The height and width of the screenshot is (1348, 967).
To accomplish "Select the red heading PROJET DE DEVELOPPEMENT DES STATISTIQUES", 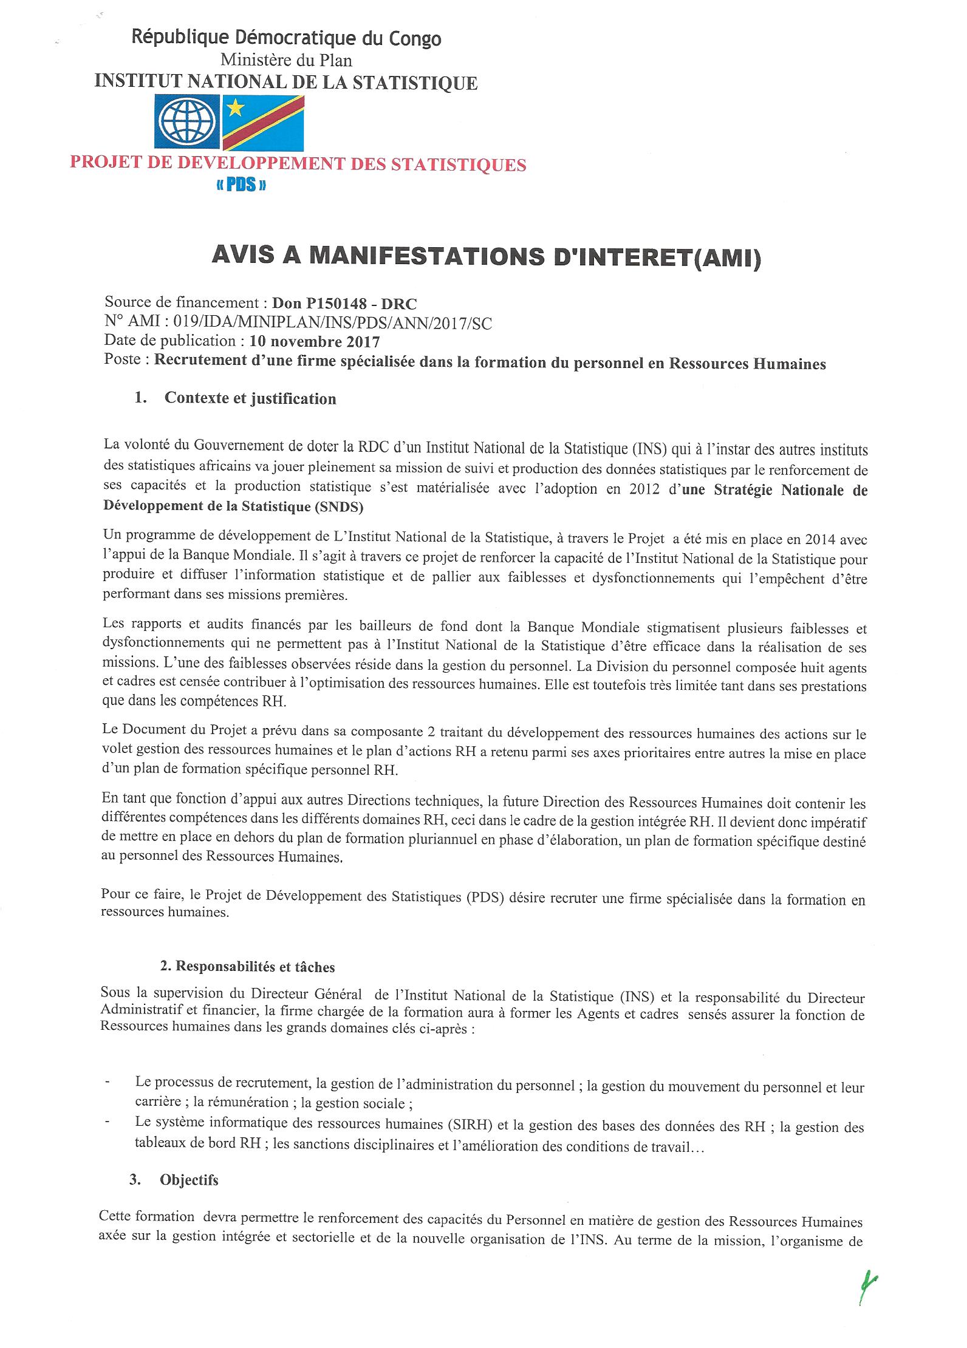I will (x=298, y=165).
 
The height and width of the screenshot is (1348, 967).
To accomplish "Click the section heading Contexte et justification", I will (x=250, y=398).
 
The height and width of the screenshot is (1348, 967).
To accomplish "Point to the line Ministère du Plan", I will (x=286, y=60).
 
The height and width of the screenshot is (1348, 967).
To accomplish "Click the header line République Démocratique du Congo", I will (x=287, y=39).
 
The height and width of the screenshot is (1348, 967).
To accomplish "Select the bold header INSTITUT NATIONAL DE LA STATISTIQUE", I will (x=286, y=82).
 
